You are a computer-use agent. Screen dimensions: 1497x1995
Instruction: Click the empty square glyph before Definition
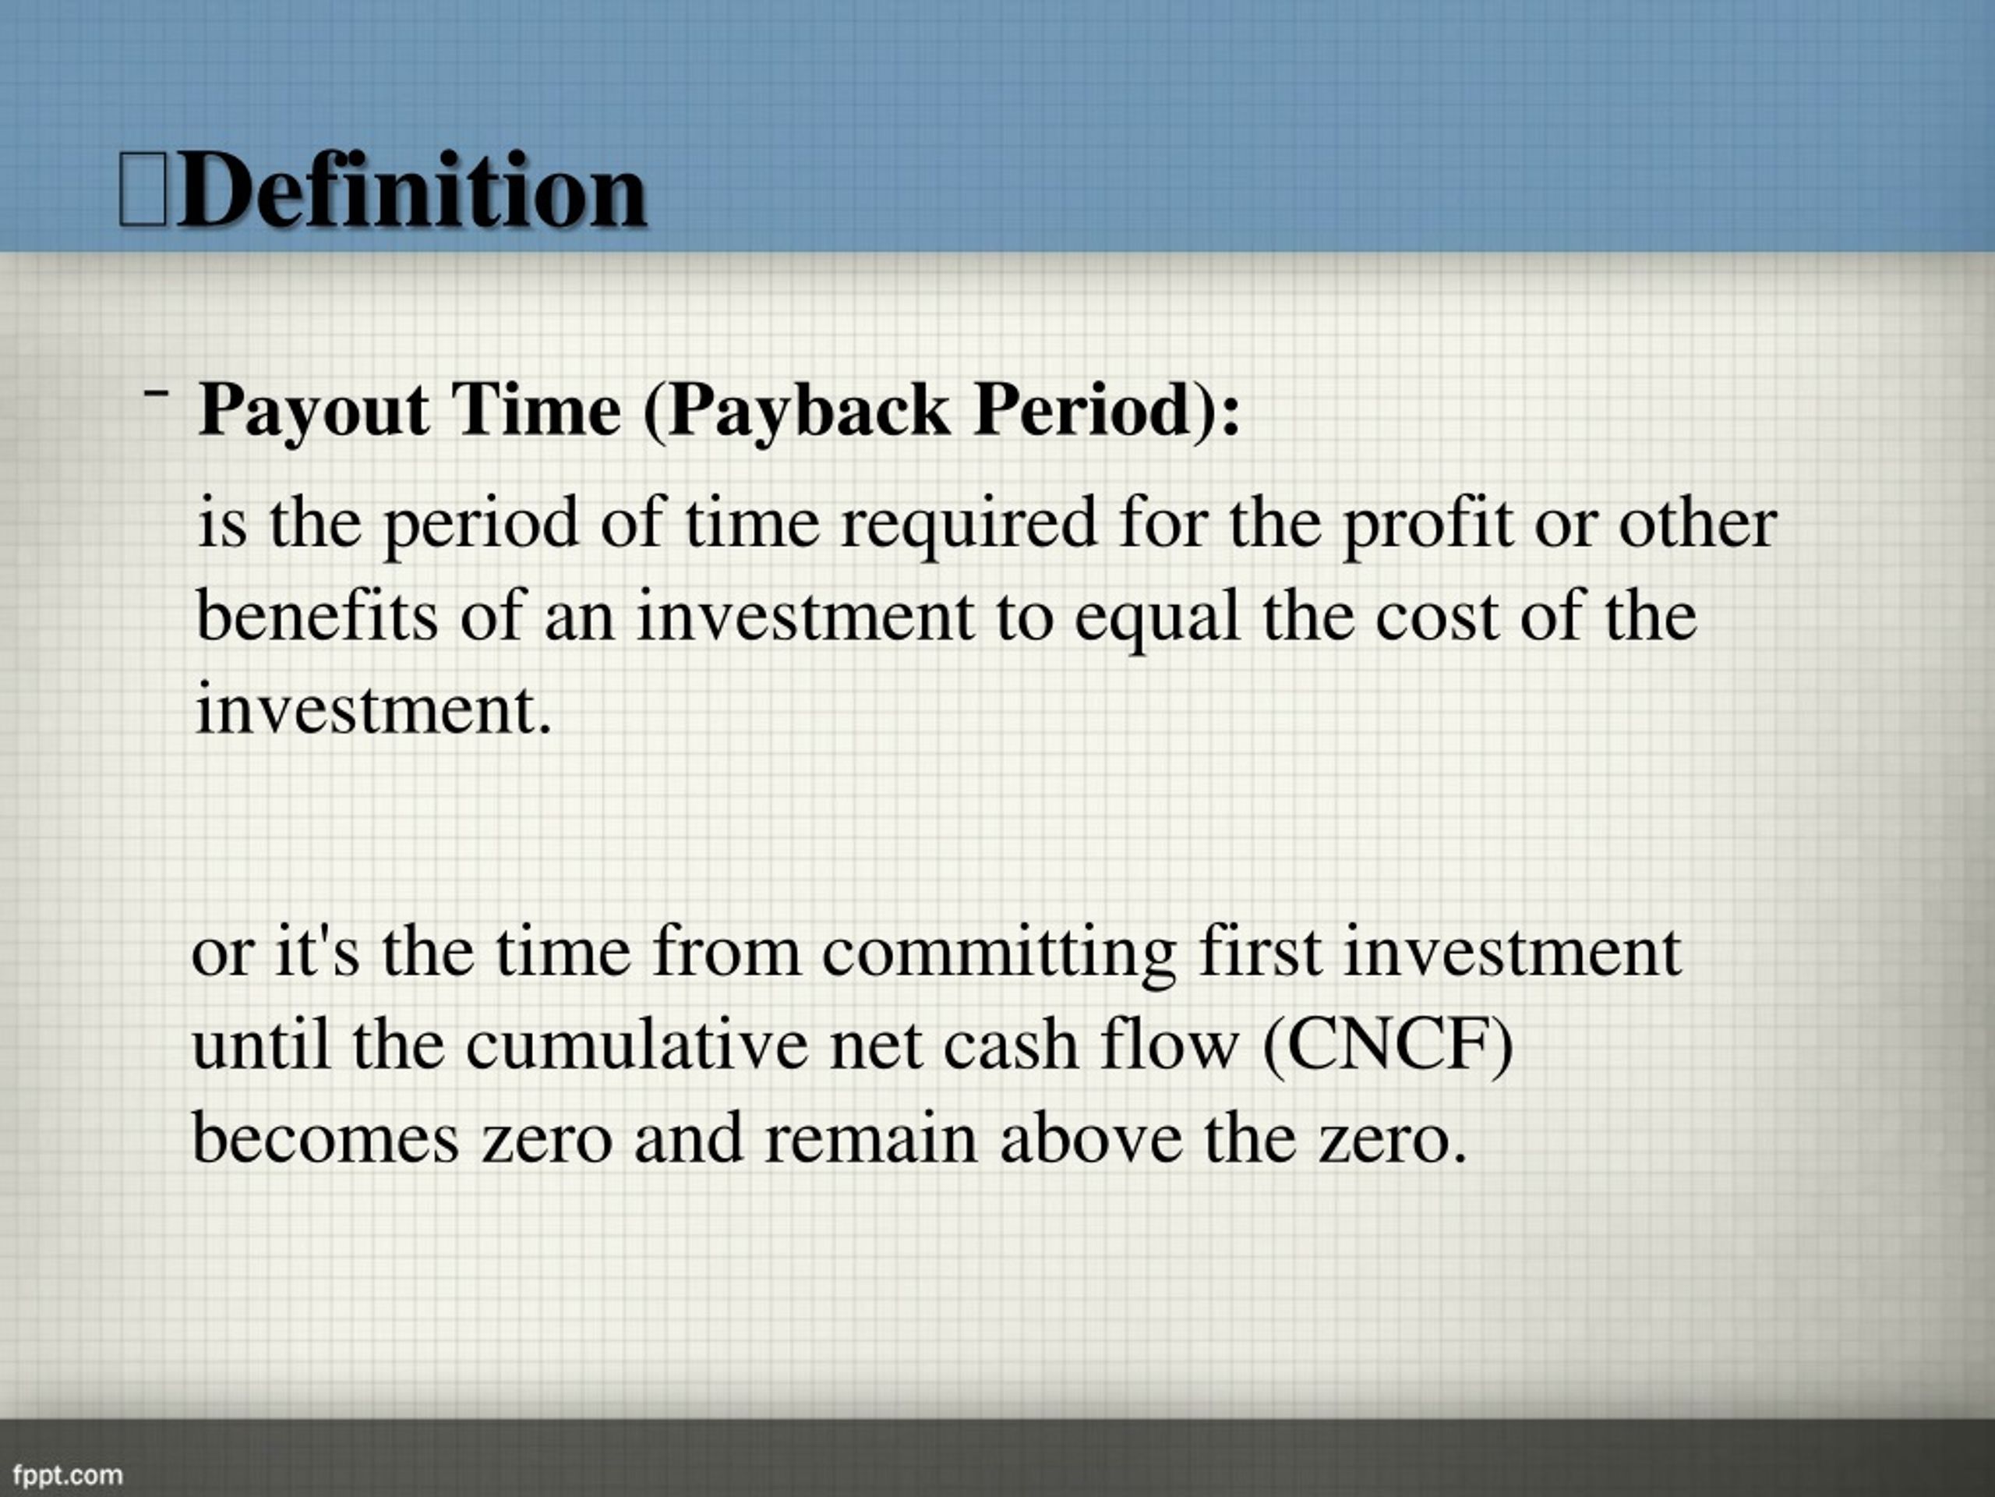tap(143, 188)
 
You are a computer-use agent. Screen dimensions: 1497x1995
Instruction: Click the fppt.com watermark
tap(68, 1475)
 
